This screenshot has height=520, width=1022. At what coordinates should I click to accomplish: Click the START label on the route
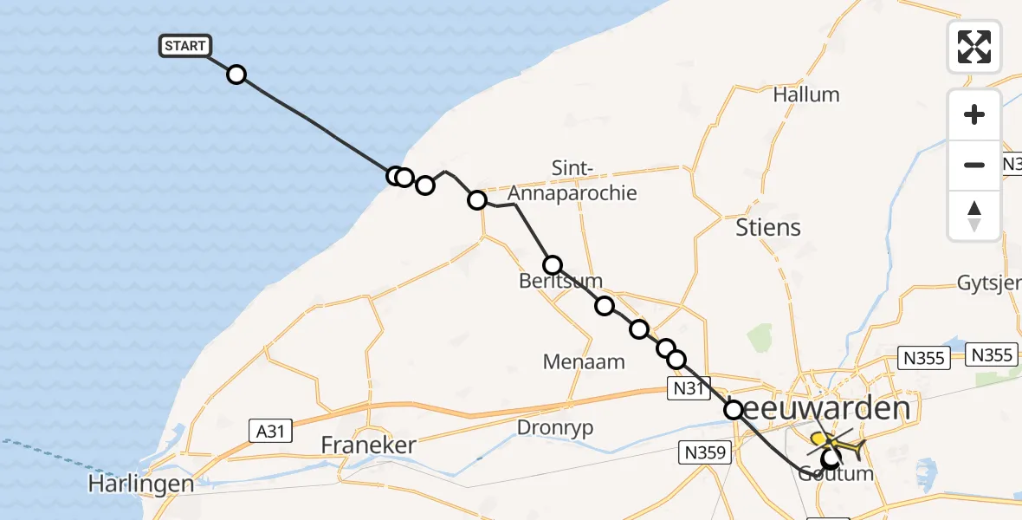pyautogui.click(x=184, y=46)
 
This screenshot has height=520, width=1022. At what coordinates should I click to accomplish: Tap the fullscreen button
pyautogui.click(x=974, y=46)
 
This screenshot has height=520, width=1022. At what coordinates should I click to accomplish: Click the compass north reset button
pyautogui.click(x=974, y=215)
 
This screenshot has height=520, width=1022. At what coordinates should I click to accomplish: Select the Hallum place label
pyautogui.click(x=806, y=94)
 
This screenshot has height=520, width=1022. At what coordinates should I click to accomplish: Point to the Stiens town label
pyautogui.click(x=767, y=228)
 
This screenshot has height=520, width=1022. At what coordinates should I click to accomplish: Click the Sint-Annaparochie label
pyautogui.click(x=594, y=180)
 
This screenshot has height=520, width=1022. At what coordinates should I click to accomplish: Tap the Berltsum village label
pyautogui.click(x=561, y=282)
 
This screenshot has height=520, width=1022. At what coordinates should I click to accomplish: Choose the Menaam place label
pyautogui.click(x=584, y=361)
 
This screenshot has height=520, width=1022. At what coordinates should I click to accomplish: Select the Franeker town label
pyautogui.click(x=368, y=445)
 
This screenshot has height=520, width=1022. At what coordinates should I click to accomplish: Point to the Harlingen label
pyautogui.click(x=140, y=483)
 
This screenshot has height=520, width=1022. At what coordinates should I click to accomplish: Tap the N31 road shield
pyautogui.click(x=688, y=389)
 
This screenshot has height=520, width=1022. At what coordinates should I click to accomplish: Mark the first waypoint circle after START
pyautogui.click(x=236, y=75)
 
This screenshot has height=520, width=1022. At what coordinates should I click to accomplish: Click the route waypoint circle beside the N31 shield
pyautogui.click(x=676, y=359)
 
